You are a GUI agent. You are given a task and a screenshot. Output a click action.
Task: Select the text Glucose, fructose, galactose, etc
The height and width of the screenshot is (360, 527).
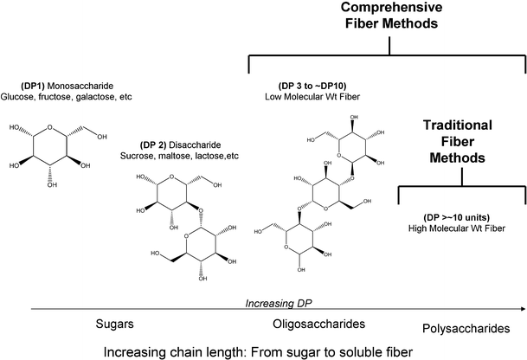[68, 100]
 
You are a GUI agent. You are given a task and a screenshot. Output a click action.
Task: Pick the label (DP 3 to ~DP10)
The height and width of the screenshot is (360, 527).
[308, 88]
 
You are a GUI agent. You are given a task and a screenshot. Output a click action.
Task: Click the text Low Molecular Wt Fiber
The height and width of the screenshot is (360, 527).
[308, 100]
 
